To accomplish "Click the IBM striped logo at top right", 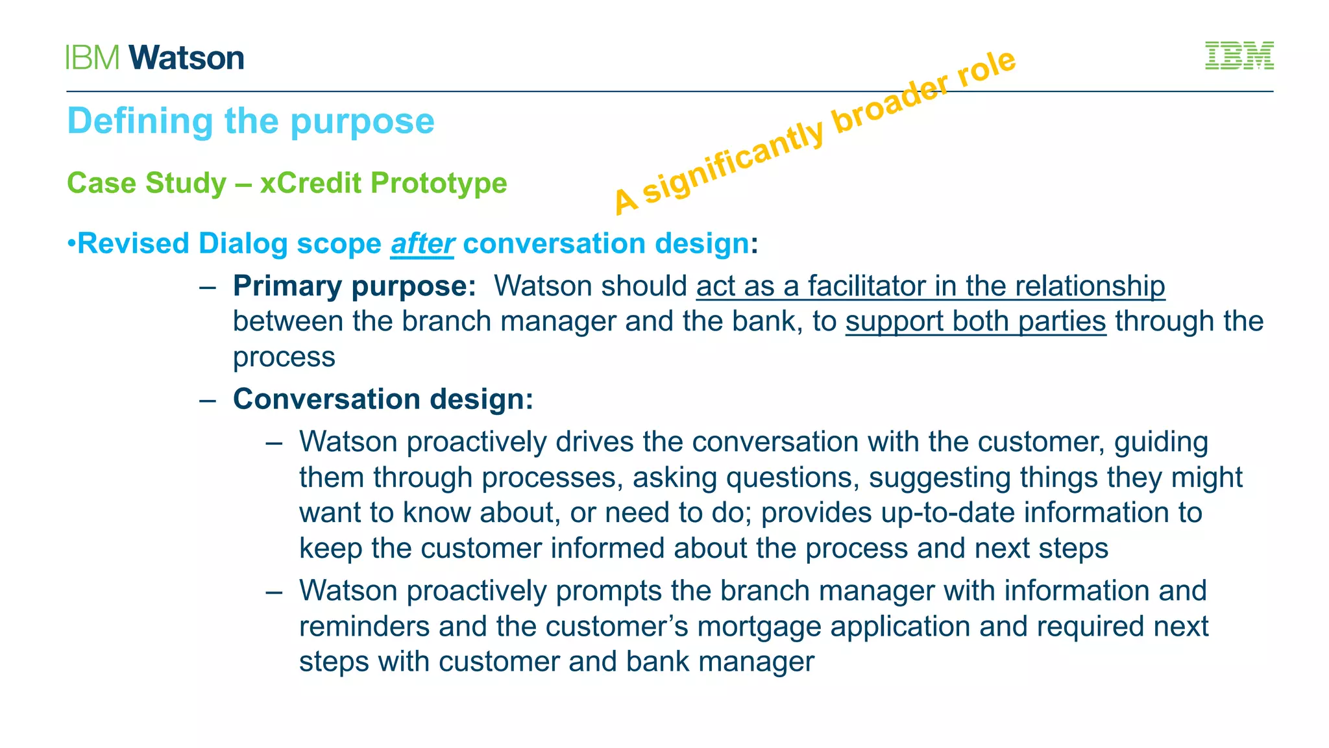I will pos(1239,56).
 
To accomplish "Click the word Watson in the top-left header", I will pos(186,58).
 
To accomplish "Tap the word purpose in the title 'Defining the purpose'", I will pos(362,121).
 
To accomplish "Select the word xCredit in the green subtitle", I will pos(310,183).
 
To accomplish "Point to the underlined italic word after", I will pos(422,244).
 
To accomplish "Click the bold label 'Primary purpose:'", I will pos(354,286).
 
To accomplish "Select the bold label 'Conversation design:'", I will pos(383,399).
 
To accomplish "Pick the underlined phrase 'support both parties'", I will pos(975,321).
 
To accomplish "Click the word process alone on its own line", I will pos(284,357).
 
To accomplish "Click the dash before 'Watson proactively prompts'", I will pos(274,592).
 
